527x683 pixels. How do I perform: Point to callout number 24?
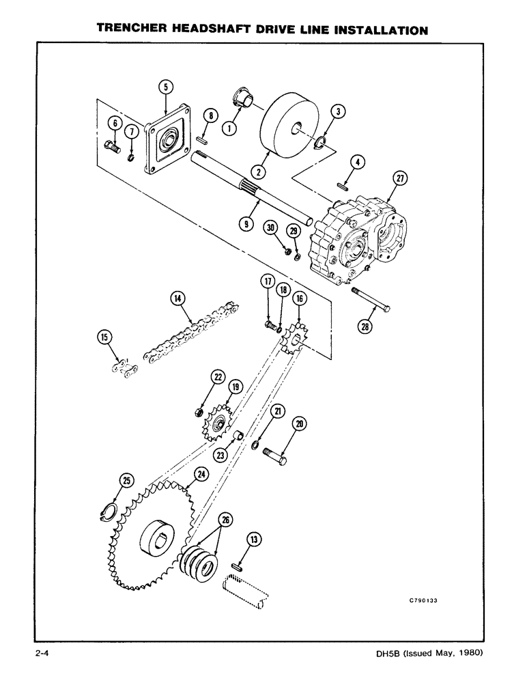pos(201,473)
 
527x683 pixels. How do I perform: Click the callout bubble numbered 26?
pos(226,520)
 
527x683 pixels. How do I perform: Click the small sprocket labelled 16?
pos(295,337)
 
